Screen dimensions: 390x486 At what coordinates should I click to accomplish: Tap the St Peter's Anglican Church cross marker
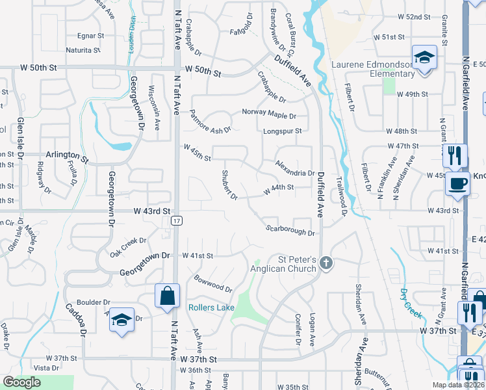coord(326,263)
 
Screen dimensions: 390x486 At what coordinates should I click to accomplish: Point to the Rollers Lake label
coord(211,307)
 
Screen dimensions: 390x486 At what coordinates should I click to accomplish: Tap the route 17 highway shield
coord(177,221)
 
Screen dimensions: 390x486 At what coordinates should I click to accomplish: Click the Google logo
coord(22,382)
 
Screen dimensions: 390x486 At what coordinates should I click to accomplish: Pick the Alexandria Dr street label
coord(295,169)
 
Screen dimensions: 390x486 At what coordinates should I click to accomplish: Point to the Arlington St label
coord(67,156)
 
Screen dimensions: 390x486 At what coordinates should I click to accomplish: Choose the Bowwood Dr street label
coord(212,283)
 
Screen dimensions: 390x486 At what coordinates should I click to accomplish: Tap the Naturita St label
coord(84,49)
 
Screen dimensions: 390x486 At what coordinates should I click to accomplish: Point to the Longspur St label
coord(283,131)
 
